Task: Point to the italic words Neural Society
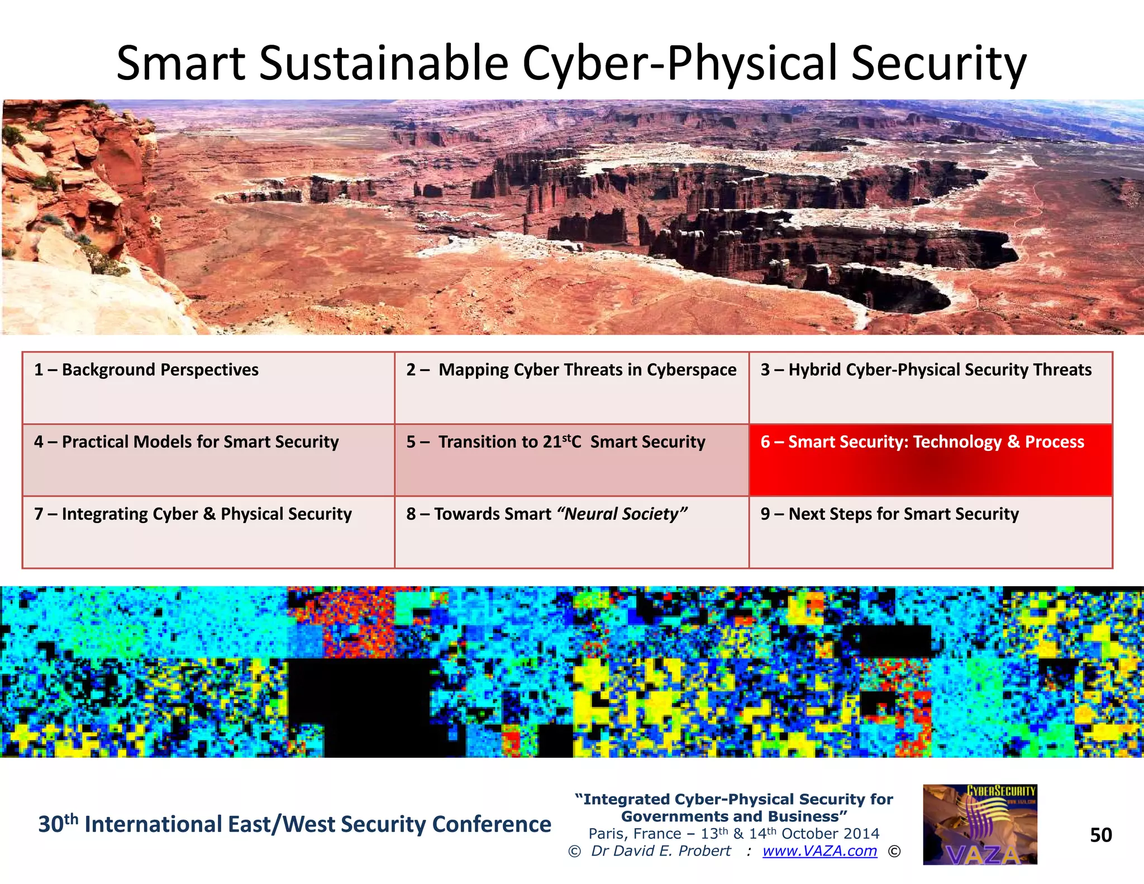622,514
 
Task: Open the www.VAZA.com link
819,851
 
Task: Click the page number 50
1100,835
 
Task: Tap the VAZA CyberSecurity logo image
980,825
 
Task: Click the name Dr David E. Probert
661,851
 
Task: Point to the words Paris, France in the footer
635,834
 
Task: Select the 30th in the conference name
58,824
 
